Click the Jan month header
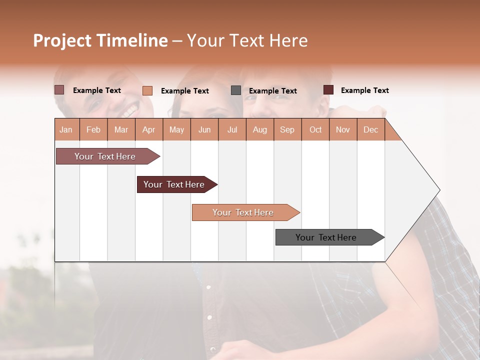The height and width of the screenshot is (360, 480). [66, 130]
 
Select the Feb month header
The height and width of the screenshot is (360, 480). [93, 130]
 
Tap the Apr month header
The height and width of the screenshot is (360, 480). [149, 130]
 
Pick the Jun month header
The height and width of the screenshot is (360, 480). [204, 130]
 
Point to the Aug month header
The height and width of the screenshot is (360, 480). [259, 130]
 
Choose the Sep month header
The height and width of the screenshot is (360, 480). [287, 130]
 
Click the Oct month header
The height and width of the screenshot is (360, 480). [315, 130]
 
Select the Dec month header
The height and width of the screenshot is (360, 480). [370, 130]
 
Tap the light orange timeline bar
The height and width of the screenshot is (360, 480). [243, 212]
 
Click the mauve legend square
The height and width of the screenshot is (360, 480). [59, 90]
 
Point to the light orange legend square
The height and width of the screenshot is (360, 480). [147, 90]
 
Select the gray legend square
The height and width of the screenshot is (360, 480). [236, 90]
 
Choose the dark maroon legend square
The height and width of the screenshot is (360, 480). [328, 90]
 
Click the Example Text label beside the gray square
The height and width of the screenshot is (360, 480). [272, 91]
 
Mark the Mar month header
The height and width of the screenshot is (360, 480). [121, 130]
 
